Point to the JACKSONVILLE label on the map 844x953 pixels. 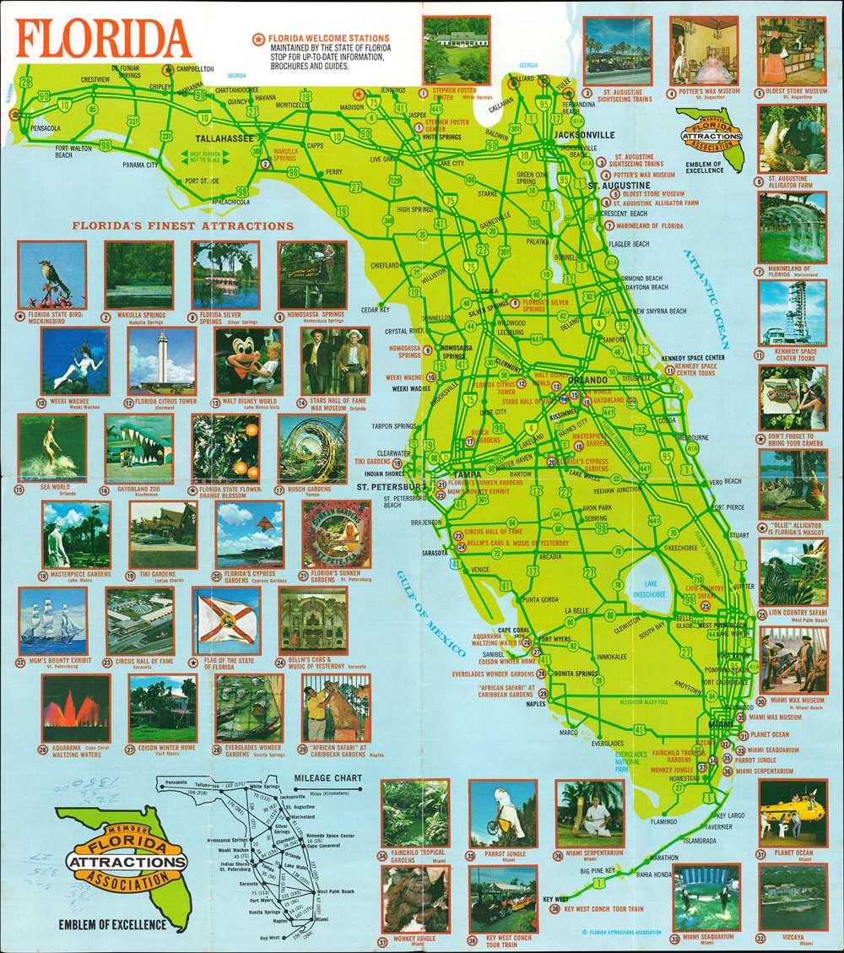click(x=584, y=134)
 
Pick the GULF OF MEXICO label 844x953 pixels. click(x=430, y=612)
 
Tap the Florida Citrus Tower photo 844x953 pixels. click(x=161, y=360)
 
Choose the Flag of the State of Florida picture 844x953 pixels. click(x=226, y=621)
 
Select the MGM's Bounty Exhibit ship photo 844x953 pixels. click(x=53, y=621)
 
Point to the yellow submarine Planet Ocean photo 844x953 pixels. click(x=792, y=812)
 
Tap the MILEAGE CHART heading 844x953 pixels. click(x=327, y=777)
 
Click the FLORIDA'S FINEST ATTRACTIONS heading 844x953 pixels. click(x=182, y=226)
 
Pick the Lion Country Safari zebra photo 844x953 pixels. click(x=792, y=571)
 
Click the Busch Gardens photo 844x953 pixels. click(x=311, y=448)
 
